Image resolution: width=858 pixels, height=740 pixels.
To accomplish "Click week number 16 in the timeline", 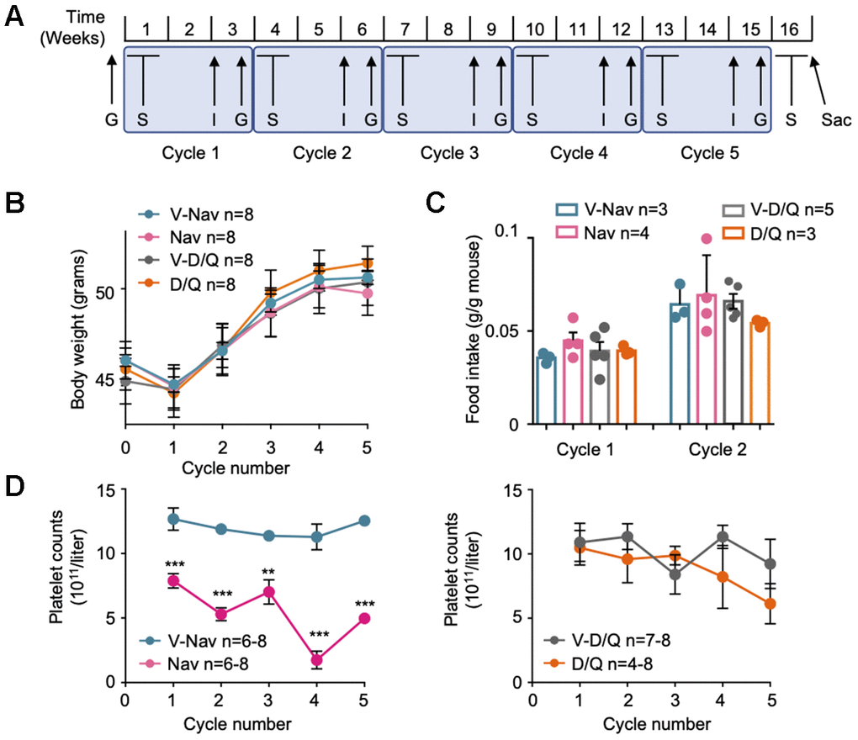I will coord(790,28).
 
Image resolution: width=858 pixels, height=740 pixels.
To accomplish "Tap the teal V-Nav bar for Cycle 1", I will coord(547,391).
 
